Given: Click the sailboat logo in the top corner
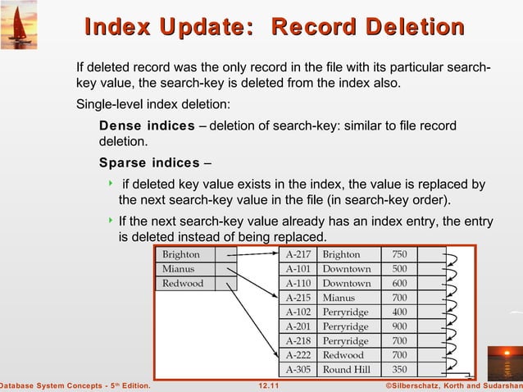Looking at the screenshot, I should (x=18, y=20).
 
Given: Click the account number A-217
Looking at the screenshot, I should (x=298, y=254).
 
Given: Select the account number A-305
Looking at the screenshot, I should (x=298, y=369).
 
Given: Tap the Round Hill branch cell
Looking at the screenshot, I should (x=347, y=369).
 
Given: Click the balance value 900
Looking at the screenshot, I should (x=400, y=326).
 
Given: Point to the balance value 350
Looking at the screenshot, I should (x=400, y=369).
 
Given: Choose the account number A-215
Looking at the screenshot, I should (x=298, y=298).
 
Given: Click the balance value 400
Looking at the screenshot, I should (x=400, y=312).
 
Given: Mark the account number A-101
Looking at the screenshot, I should (x=298, y=269).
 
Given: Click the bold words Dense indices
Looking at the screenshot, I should (x=147, y=125).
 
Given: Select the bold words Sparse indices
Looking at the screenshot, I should (x=149, y=162).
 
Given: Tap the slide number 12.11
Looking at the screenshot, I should (x=268, y=385).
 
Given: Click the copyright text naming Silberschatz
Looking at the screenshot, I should (x=442, y=385).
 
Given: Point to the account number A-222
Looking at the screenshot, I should (x=298, y=355).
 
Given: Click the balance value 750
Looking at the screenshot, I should (x=400, y=254).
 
